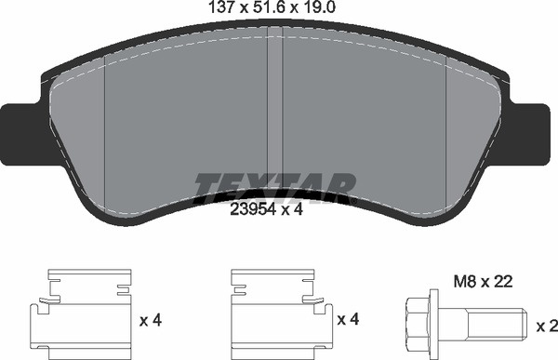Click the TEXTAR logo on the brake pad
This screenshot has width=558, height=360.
click(x=274, y=188)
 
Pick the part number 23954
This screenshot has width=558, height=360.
click(x=253, y=209)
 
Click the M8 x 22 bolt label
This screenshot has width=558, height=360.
click(x=483, y=282)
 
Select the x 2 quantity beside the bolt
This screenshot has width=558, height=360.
click(x=547, y=327)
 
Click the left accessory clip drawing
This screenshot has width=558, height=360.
click(x=81, y=314)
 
